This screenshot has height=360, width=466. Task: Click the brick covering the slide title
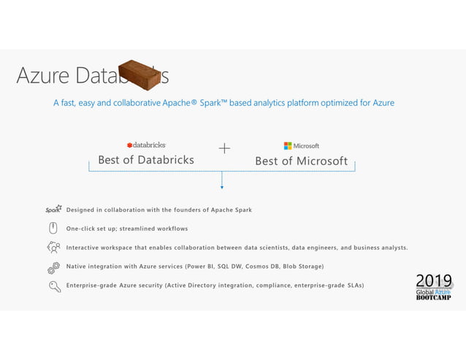pyautogui.click(x=139, y=74)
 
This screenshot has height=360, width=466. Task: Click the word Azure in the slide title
pyautogui.click(x=43, y=75)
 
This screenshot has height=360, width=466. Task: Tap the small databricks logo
pyautogui.click(x=146, y=145)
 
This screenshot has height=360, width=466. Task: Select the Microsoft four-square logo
pyautogui.click(x=288, y=145)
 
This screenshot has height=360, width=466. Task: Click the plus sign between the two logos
pyautogui.click(x=224, y=148)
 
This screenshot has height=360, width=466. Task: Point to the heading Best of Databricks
pyautogui.click(x=146, y=160)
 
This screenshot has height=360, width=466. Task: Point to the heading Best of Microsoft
pyautogui.click(x=301, y=161)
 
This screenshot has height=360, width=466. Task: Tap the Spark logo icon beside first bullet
pyautogui.click(x=53, y=210)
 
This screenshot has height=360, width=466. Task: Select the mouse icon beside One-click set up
pyautogui.click(x=53, y=228)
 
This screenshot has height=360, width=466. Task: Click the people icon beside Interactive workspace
pyautogui.click(x=53, y=248)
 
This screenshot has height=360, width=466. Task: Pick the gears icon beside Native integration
pyautogui.click(x=53, y=267)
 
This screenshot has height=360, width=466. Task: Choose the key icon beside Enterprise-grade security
pyautogui.click(x=54, y=286)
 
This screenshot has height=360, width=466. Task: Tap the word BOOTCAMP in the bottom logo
pyautogui.click(x=433, y=297)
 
